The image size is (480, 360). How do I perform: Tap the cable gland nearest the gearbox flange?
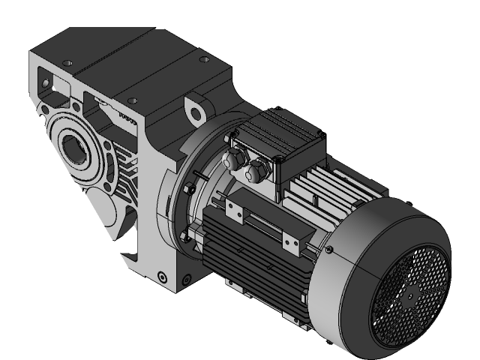pyautogui.click(x=233, y=158)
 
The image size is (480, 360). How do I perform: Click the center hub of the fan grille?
pyautogui.click(x=411, y=295)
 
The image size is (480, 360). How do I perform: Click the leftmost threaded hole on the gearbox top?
pyautogui.click(x=67, y=63)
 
